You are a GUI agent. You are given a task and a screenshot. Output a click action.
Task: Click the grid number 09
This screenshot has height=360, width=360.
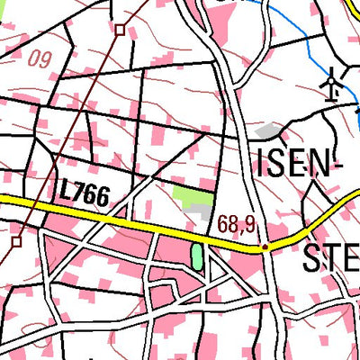39,59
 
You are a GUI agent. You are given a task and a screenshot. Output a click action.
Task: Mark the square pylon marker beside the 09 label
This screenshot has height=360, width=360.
120,30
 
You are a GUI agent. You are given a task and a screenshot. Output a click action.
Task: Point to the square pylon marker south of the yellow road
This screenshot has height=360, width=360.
16,241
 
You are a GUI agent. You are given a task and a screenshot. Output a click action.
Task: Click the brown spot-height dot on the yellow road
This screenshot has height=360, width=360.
264,246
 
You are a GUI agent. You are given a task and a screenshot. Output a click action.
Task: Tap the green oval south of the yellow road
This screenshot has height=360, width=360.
197,257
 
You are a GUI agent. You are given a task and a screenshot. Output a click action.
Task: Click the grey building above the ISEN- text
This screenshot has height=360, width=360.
266,131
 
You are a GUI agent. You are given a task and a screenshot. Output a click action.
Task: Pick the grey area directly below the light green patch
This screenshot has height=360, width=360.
199,210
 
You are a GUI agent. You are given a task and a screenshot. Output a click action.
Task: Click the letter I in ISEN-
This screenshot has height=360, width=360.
262,164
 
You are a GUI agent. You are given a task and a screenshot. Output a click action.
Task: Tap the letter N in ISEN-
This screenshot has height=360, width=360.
323,164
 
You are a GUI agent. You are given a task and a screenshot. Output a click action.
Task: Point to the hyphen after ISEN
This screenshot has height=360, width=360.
340,167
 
